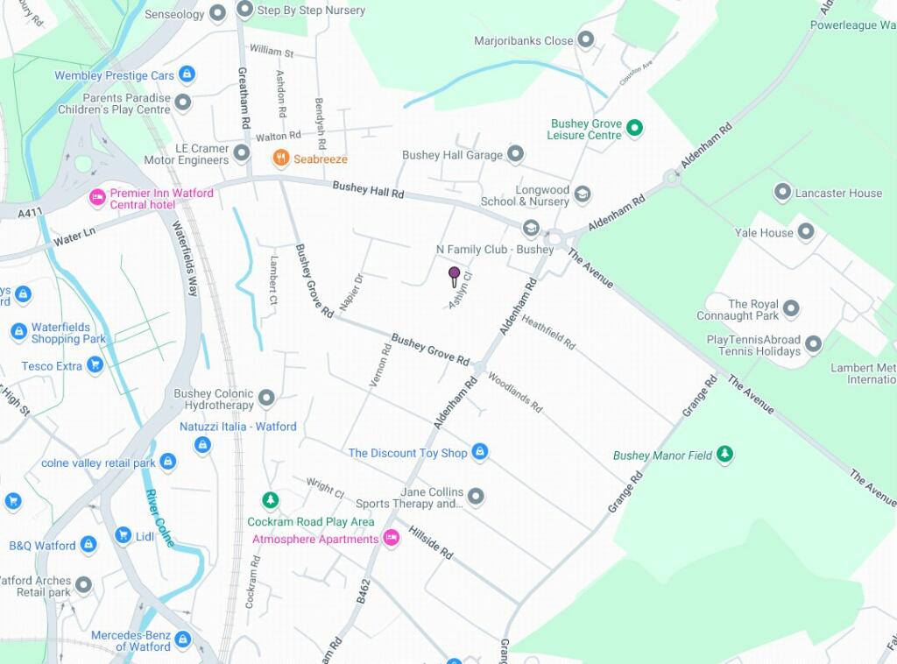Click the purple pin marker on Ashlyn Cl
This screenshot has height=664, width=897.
454,275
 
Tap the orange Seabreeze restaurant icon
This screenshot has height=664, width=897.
281,159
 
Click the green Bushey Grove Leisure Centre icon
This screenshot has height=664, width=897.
636,129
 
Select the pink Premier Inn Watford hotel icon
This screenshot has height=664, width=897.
97,198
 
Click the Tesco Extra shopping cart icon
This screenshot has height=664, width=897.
95,365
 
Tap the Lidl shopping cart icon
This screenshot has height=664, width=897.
124,534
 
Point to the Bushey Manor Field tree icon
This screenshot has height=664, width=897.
724,454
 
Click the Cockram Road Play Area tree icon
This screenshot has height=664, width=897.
271,500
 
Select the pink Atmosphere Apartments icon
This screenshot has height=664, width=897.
392,539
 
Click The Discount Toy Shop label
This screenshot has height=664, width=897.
407,453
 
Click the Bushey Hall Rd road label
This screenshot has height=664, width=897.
368,189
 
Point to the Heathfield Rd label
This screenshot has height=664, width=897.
548,333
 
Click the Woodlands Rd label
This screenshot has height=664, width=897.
515,392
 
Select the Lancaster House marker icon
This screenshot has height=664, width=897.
782,192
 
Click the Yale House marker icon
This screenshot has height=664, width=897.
806,232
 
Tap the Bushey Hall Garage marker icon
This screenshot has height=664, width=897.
515,155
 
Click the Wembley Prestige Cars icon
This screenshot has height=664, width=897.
187,75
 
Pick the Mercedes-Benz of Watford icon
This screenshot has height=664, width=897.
182,639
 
